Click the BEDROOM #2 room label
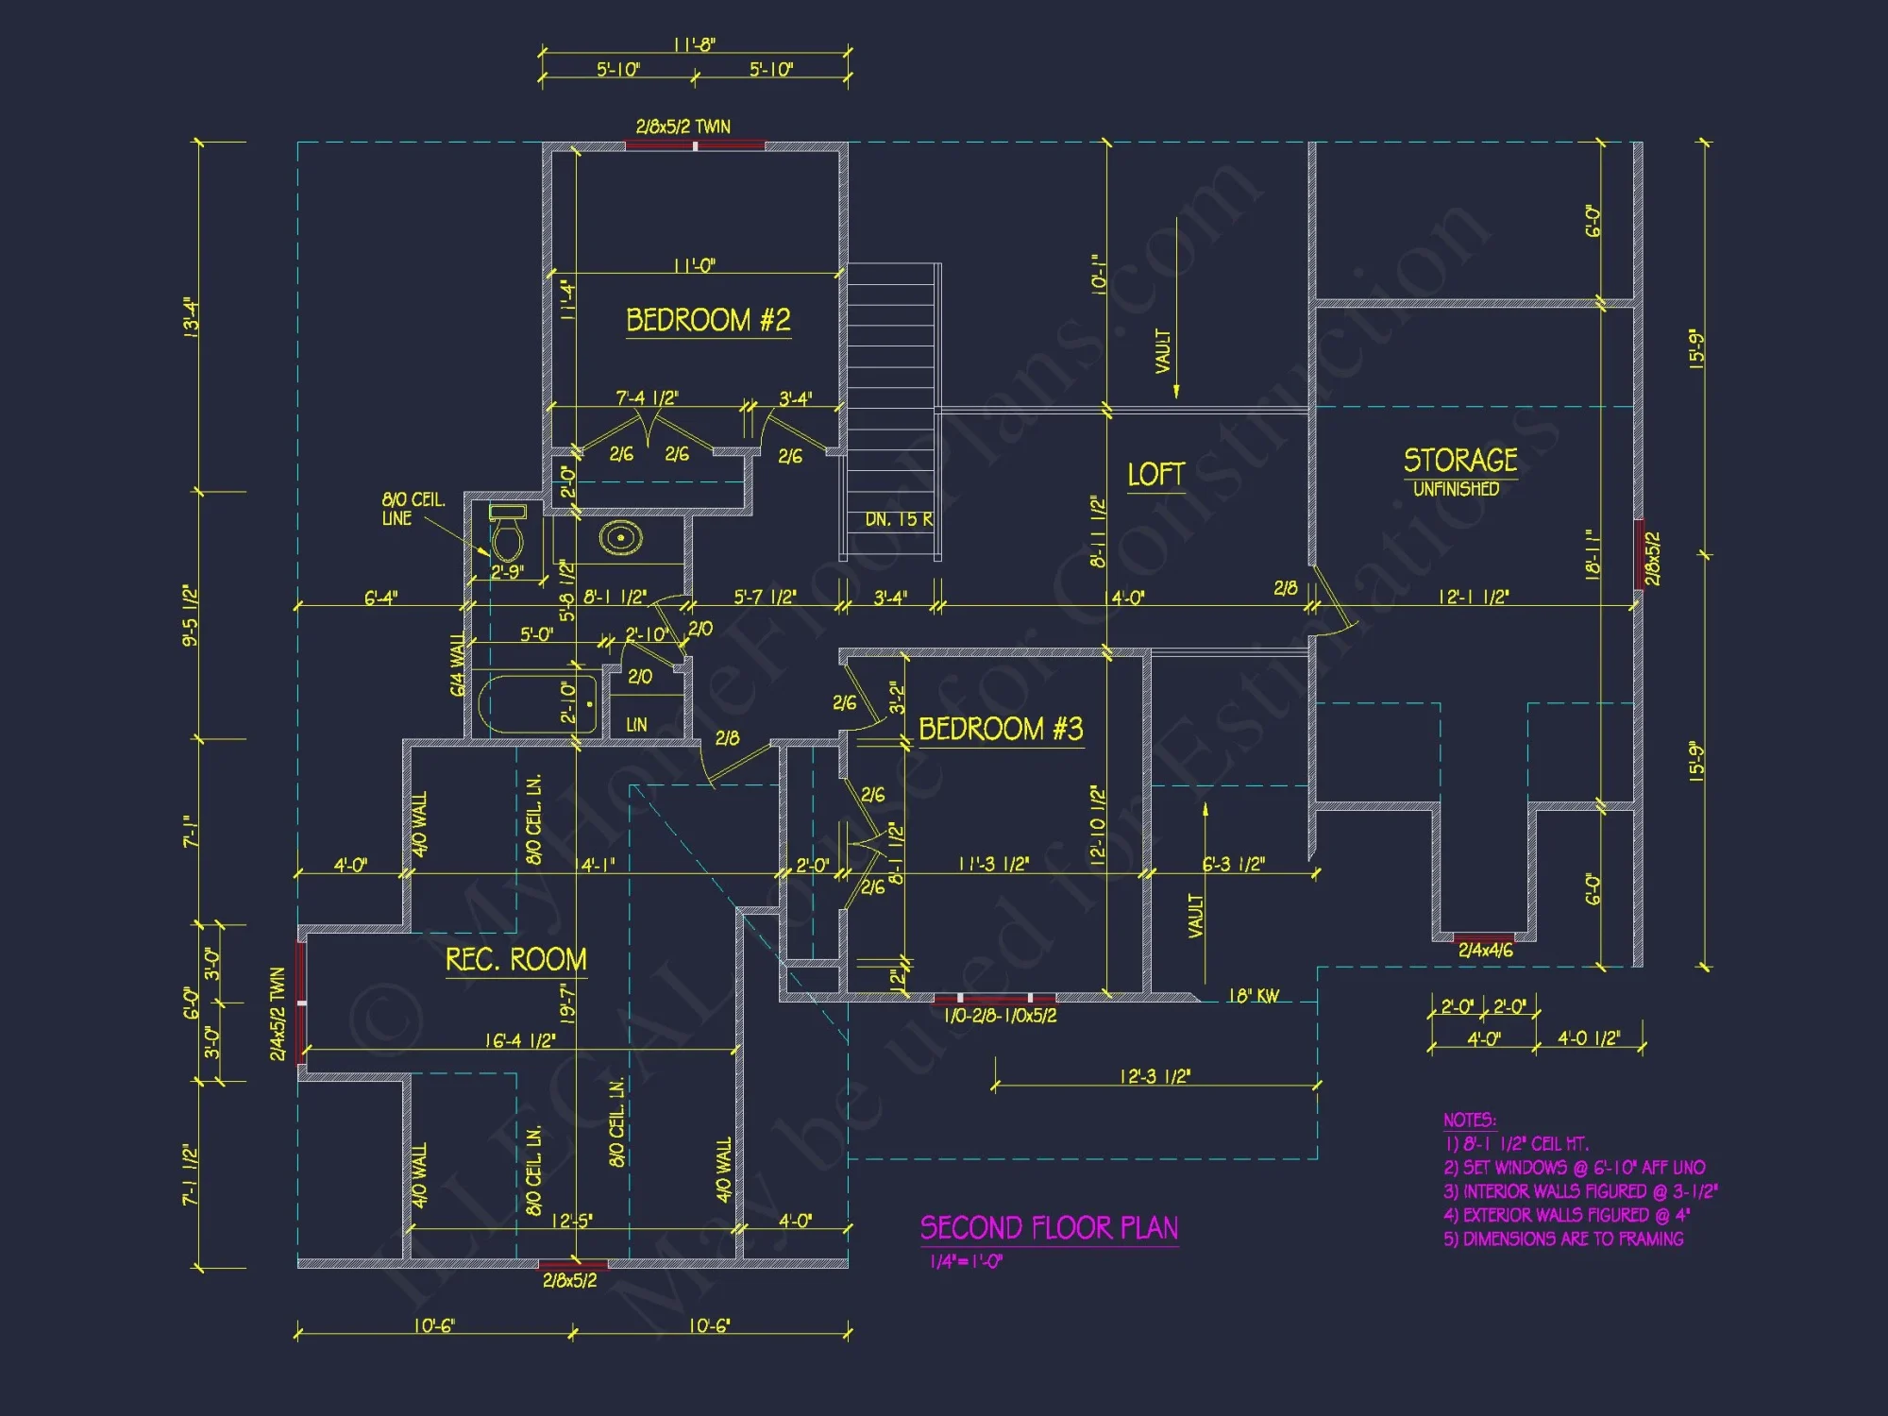point(708,320)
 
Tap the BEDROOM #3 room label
point(1001,729)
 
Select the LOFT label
point(1155,474)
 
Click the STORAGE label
point(1460,460)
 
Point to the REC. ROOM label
point(515,960)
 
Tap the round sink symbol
point(621,538)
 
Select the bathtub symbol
point(538,704)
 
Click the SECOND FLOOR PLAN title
point(1049,1228)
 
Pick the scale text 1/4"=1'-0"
point(966,1262)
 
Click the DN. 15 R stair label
point(899,520)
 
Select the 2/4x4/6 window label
point(1485,951)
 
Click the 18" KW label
point(1253,996)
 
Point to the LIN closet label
point(636,725)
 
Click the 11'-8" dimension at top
point(694,45)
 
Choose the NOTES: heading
point(1469,1121)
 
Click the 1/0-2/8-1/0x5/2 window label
point(1000,1016)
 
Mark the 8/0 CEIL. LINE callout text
point(413,509)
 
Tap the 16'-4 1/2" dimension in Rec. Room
point(520,1040)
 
